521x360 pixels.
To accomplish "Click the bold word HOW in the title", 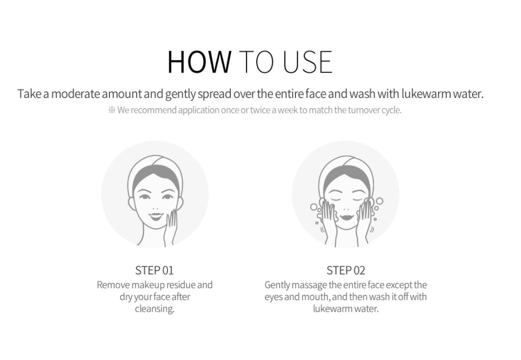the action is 199,62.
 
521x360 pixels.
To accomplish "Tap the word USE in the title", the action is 307,62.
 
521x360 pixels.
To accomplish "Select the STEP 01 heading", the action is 155,270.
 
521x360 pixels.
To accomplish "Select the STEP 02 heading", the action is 346,270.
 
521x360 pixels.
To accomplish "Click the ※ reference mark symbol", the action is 111,110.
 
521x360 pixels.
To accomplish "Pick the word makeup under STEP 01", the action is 148,285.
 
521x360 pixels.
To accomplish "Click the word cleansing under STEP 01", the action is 155,309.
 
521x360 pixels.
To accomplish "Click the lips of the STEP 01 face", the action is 155,216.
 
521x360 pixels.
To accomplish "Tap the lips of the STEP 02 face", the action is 346,218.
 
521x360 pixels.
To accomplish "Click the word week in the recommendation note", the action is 288,110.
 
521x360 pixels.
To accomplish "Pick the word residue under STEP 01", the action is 181,285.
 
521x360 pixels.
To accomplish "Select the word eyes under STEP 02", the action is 274,297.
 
